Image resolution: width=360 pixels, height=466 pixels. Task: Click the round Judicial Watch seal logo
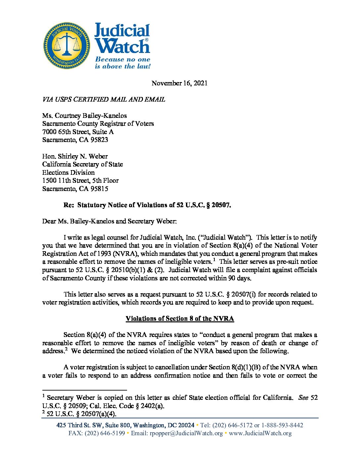point(67,46)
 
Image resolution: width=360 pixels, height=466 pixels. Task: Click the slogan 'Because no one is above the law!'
point(122,63)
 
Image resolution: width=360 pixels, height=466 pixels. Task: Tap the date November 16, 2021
point(179,83)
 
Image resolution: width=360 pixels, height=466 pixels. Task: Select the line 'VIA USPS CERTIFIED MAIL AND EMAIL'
point(104,99)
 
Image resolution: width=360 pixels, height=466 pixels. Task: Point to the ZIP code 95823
point(99,140)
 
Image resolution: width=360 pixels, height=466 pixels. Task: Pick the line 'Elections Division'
point(68,172)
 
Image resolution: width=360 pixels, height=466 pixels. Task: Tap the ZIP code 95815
point(99,189)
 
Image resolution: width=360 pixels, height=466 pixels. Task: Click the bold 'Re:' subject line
point(147,205)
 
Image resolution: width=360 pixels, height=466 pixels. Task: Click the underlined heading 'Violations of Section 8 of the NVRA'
point(180,318)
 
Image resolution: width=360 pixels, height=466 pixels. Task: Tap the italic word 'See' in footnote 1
point(303,397)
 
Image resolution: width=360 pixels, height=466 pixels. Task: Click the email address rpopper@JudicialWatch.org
point(186,433)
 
